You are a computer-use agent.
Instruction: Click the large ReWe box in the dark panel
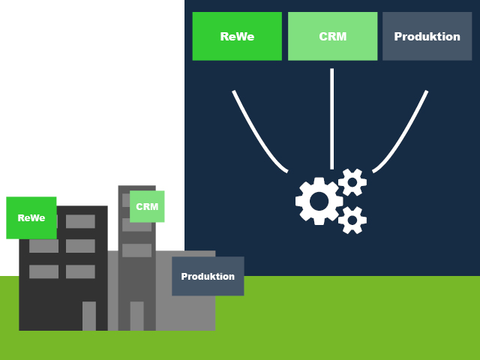click(237, 36)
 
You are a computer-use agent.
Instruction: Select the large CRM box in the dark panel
click(332, 36)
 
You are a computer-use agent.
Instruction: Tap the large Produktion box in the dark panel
click(427, 36)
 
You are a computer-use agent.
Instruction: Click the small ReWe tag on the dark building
click(31, 217)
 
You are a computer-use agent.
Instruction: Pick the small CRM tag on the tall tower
click(147, 206)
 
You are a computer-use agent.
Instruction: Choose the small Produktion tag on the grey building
click(208, 276)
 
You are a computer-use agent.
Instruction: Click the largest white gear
click(319, 201)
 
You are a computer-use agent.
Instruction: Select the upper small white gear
click(352, 182)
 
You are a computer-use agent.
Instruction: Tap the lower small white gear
click(352, 220)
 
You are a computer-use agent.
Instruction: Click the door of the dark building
click(89, 316)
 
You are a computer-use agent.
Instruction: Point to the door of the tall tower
click(136, 316)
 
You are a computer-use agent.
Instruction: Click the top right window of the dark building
click(80, 221)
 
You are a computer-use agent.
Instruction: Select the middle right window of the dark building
click(80, 246)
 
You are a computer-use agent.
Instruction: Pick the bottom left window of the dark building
click(43, 271)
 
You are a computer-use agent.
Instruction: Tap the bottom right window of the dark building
click(80, 271)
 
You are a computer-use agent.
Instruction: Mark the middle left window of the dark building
click(43, 246)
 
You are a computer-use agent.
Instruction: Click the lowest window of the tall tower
click(136, 250)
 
